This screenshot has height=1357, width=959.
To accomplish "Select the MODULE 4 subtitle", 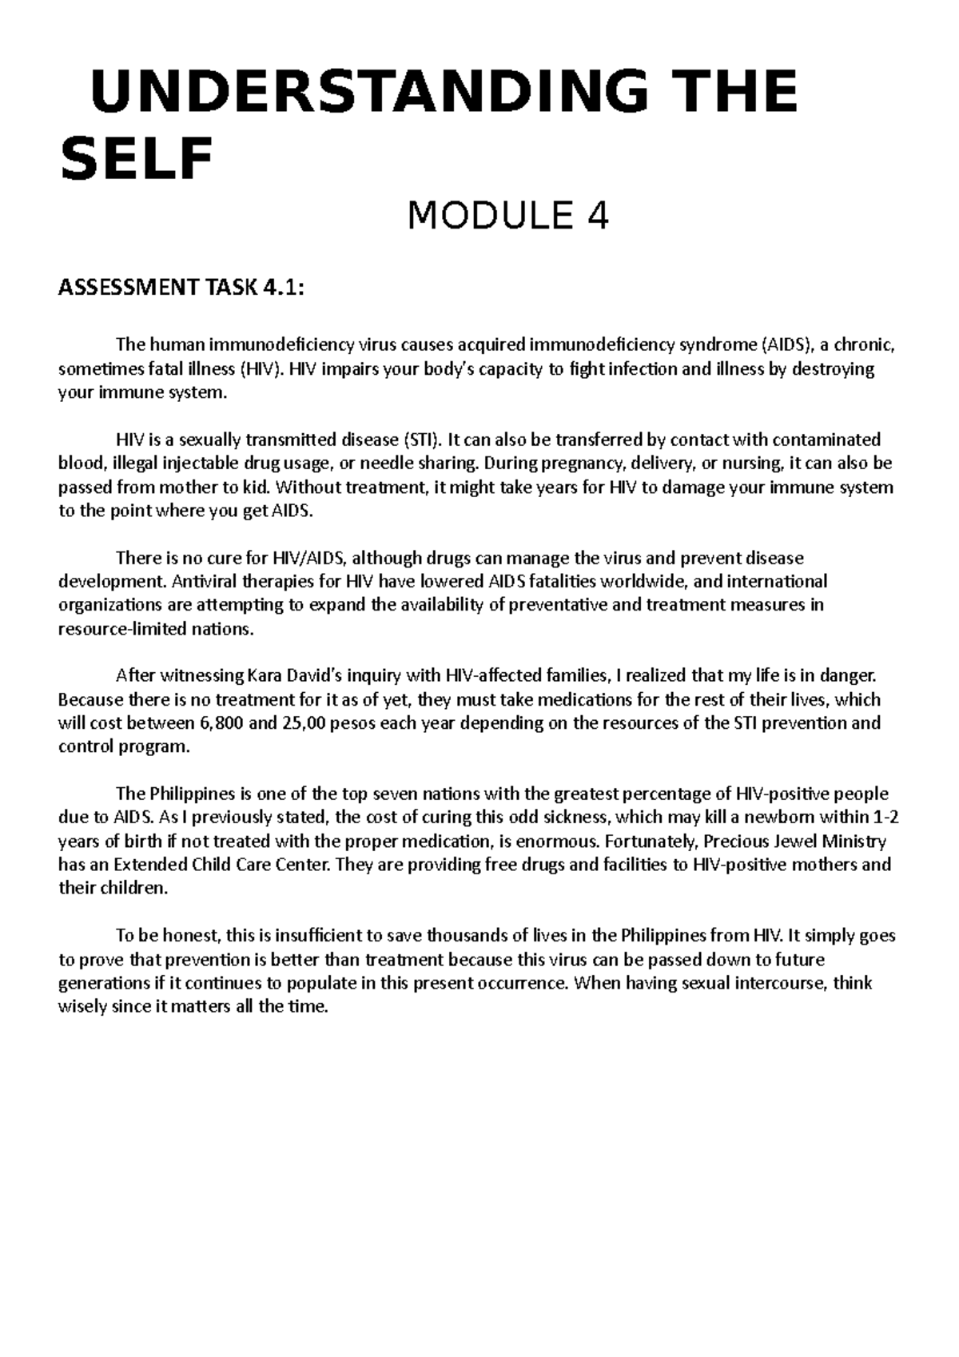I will click(508, 216).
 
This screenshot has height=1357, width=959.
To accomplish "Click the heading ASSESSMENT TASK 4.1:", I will click(181, 287).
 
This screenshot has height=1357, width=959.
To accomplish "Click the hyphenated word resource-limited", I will click(117, 628).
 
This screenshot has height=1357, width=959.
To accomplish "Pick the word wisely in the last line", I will click(82, 1007).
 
